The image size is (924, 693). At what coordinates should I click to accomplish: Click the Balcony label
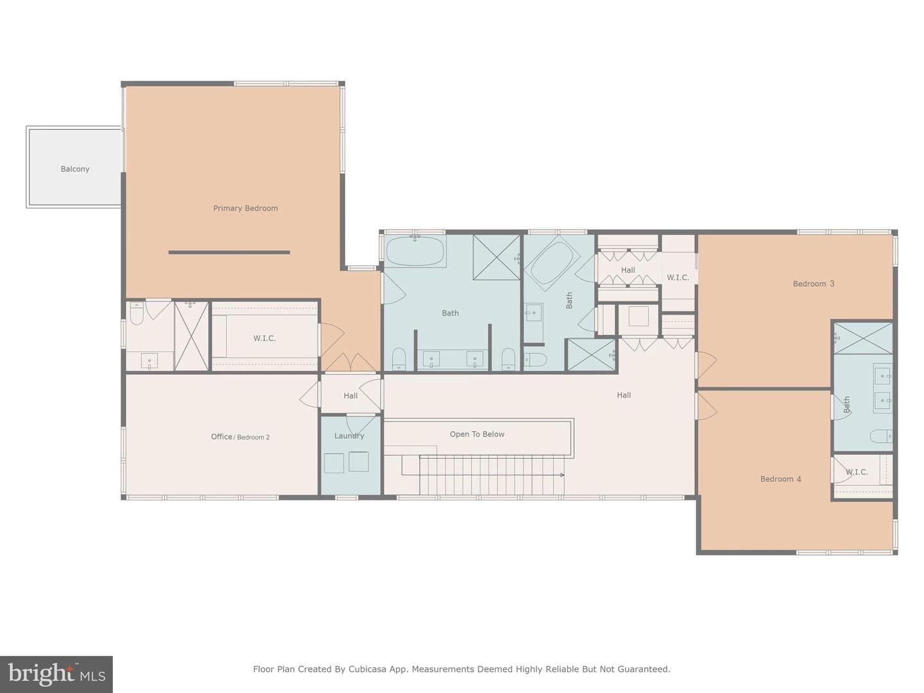pyautogui.click(x=75, y=169)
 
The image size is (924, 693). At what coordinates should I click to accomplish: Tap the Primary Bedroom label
pyautogui.click(x=245, y=209)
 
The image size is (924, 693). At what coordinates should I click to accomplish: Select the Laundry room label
pyautogui.click(x=350, y=436)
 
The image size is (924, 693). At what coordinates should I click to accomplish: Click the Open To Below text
pyautogui.click(x=477, y=434)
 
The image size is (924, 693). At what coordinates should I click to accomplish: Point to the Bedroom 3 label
pyautogui.click(x=813, y=284)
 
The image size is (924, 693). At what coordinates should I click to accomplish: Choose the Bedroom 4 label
pyautogui.click(x=780, y=479)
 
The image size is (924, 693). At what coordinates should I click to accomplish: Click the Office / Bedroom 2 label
pyautogui.click(x=240, y=437)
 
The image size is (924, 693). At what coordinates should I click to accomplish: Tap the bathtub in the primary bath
pyautogui.click(x=415, y=251)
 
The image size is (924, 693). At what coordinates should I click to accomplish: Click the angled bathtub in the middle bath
pyautogui.click(x=551, y=262)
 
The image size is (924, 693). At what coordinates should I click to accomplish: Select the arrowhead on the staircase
pyautogui.click(x=562, y=475)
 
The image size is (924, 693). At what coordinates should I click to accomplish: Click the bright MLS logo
pyautogui.click(x=56, y=674)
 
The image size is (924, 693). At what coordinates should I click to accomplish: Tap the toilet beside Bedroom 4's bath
pyautogui.click(x=880, y=436)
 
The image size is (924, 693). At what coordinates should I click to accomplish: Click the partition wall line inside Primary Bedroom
pyautogui.click(x=229, y=252)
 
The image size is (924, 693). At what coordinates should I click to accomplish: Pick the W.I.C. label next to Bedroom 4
pyautogui.click(x=857, y=472)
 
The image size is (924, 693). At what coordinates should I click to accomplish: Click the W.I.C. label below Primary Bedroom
pyautogui.click(x=264, y=338)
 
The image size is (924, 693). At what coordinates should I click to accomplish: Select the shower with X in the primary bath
pyautogui.click(x=497, y=257)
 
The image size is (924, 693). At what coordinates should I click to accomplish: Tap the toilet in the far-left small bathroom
pyautogui.click(x=137, y=314)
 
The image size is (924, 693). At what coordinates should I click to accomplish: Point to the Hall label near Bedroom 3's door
pyautogui.click(x=624, y=395)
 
